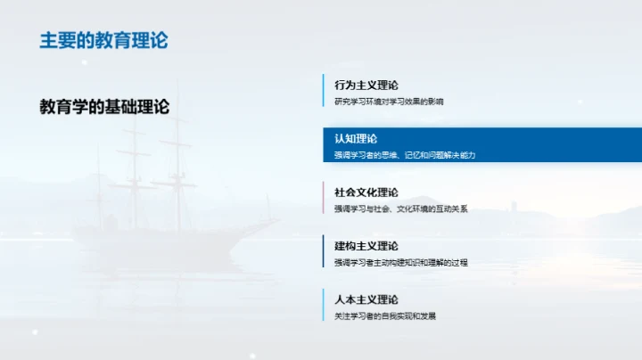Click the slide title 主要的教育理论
[103, 41]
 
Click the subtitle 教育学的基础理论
[104, 106]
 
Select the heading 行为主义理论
[366, 86]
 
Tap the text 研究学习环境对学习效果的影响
[389, 102]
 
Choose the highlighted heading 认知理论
[356, 139]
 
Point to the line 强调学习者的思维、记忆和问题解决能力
[405, 155]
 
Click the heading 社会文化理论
[366, 192]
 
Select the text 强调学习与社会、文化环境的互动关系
[401, 209]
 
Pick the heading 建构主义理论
[366, 246]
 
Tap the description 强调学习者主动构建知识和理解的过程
[401, 262]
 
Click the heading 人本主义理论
[366, 299]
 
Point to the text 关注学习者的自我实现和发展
[385, 315]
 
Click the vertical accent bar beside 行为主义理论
[324, 92]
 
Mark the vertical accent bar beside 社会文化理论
[324, 199]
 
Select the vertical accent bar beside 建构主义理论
[324, 252]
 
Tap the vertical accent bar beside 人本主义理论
[324, 306]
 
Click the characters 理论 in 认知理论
[366, 139]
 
